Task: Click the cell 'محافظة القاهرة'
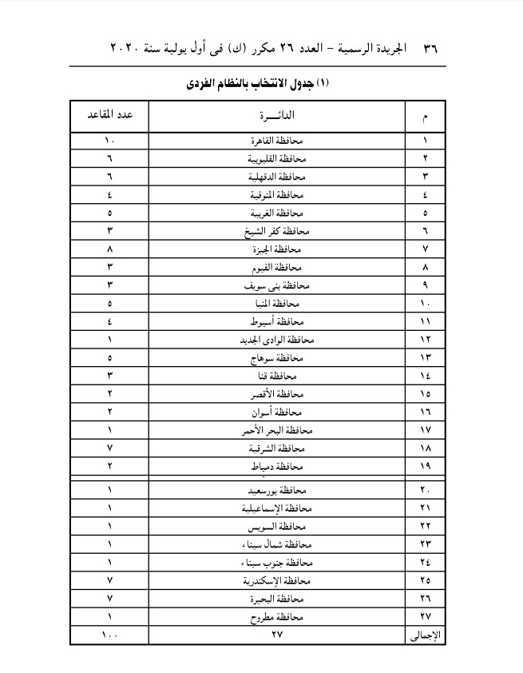click(x=273, y=141)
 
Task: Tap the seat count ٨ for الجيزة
click(x=109, y=249)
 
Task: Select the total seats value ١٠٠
click(x=109, y=635)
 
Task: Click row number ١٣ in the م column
click(x=426, y=358)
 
